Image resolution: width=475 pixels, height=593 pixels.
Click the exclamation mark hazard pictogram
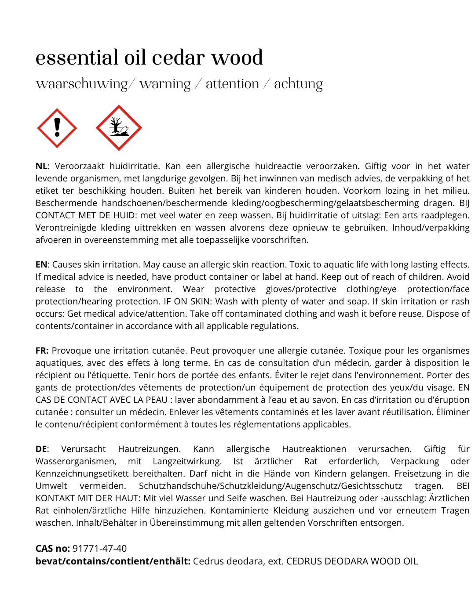(x=57, y=128)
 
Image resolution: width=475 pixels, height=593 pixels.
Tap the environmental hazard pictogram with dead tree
(x=119, y=128)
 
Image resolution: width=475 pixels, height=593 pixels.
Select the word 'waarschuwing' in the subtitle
(x=82, y=84)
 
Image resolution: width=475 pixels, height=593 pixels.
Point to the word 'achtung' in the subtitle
(x=298, y=84)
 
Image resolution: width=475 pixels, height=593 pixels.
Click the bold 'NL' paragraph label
(x=41, y=166)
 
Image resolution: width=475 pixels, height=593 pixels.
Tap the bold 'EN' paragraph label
(x=41, y=264)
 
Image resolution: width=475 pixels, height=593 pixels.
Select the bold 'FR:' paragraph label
(x=42, y=351)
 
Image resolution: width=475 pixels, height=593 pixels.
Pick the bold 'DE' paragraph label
(x=41, y=449)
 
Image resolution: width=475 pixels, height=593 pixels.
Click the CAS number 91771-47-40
(x=99, y=548)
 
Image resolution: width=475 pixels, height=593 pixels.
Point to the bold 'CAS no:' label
(x=53, y=548)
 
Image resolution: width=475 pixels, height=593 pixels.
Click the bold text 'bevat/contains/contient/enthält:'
(x=113, y=561)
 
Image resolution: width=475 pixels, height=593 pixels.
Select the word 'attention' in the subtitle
(x=232, y=84)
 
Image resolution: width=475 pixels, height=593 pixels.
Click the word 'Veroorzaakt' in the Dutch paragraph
(x=80, y=166)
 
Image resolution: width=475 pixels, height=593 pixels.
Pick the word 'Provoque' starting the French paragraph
(x=71, y=351)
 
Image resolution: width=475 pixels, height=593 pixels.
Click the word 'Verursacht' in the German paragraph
(x=83, y=449)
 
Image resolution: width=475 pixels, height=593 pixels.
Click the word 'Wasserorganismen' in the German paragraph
(x=76, y=461)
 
